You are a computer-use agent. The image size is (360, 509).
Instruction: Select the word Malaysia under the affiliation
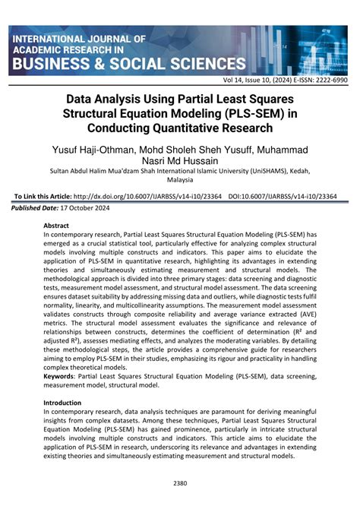[x=179, y=181]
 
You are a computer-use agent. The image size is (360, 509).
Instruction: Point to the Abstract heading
[x=56, y=226]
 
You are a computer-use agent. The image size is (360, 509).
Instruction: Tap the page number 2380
[x=180, y=484]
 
